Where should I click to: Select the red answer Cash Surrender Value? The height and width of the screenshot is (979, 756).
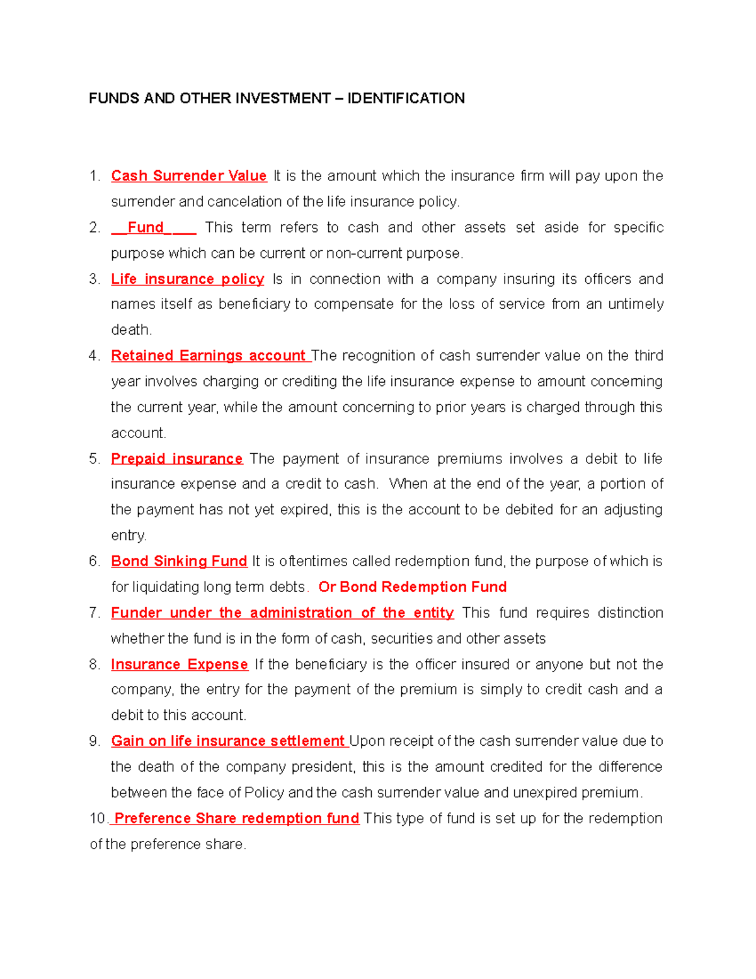[x=188, y=176]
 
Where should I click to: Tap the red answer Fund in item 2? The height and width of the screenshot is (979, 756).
[x=146, y=228]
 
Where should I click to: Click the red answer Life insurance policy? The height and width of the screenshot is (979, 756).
[x=187, y=279]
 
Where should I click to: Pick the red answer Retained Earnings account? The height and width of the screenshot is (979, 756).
[x=209, y=356]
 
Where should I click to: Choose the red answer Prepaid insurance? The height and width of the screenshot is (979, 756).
[x=176, y=459]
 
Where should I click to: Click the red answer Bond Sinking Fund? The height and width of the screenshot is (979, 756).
[x=179, y=562]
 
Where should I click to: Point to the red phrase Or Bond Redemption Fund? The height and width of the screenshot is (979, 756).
[x=412, y=588]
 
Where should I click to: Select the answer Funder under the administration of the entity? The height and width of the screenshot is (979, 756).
[x=282, y=613]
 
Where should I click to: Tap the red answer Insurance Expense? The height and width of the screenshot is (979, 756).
[x=179, y=664]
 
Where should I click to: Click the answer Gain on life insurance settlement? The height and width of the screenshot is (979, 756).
[x=227, y=741]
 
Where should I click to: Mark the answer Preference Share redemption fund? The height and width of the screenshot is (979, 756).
[x=236, y=819]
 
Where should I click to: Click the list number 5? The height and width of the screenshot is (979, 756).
[x=94, y=459]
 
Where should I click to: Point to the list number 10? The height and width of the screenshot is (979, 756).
[x=98, y=819]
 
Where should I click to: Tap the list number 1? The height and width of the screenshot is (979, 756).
[x=94, y=176]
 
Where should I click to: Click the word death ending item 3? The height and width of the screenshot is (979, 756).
[x=130, y=330]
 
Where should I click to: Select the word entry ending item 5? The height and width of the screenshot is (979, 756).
[x=128, y=536]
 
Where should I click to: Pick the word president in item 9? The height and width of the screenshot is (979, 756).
[x=324, y=767]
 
